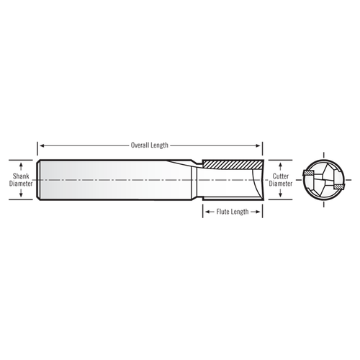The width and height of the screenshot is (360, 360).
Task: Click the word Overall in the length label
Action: [x=140, y=145]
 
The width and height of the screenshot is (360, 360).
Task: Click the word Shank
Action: [x=21, y=175]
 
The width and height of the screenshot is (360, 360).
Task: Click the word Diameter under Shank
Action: [x=21, y=184]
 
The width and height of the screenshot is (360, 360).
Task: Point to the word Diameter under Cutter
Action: [x=281, y=184]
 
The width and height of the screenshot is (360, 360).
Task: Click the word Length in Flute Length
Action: [x=239, y=212]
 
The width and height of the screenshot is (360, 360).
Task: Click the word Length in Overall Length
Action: [x=160, y=145]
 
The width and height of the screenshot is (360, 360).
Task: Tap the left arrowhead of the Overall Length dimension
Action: [x=40, y=145]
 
